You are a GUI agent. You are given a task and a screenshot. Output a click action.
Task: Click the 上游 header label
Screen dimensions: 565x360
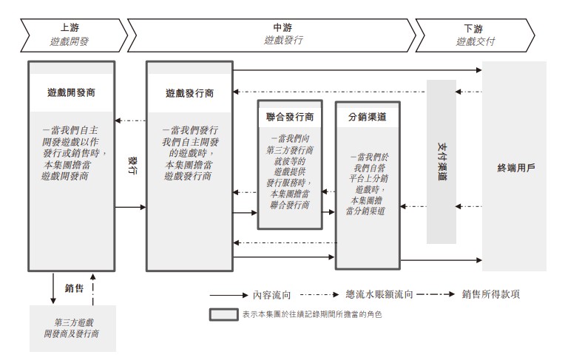[x=70, y=27]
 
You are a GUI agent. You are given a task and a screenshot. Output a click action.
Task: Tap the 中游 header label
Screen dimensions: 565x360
[x=282, y=27]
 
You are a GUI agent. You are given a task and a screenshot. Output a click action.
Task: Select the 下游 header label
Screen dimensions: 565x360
[x=473, y=29]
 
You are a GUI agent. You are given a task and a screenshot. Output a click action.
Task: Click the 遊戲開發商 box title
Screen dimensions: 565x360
[x=71, y=92]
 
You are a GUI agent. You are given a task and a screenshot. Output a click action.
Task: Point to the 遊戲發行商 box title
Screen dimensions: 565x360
[x=189, y=93]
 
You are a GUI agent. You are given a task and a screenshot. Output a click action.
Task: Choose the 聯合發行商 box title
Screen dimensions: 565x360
[x=290, y=117]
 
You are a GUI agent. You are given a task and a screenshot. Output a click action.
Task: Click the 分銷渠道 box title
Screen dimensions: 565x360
[x=368, y=117]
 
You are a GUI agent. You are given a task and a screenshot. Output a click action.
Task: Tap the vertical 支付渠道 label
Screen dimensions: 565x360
[x=441, y=161]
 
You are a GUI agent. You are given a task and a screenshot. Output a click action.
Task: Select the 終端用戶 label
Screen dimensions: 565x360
[x=516, y=168]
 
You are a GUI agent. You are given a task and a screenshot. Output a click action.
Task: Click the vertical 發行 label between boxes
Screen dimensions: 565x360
[x=132, y=166]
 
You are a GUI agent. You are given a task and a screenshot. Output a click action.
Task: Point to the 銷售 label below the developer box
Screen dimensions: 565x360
[x=74, y=288]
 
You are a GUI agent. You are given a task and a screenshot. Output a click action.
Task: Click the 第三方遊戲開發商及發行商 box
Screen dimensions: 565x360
[x=72, y=328]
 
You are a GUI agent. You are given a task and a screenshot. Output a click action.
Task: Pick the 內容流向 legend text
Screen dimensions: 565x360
[x=271, y=295]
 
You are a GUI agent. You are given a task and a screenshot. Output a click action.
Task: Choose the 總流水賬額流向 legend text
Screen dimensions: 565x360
[x=379, y=294]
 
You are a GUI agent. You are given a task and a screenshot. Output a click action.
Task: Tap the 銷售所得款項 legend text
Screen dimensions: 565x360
[x=491, y=294]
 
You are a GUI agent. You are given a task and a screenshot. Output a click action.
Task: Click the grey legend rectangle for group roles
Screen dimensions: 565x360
[x=224, y=314]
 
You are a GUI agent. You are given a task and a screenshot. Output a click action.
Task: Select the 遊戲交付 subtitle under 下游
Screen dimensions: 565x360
[x=476, y=41]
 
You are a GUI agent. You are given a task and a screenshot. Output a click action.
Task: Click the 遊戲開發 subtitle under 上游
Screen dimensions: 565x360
[x=70, y=41]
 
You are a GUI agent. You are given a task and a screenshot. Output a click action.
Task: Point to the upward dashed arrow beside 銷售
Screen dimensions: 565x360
[x=93, y=289]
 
